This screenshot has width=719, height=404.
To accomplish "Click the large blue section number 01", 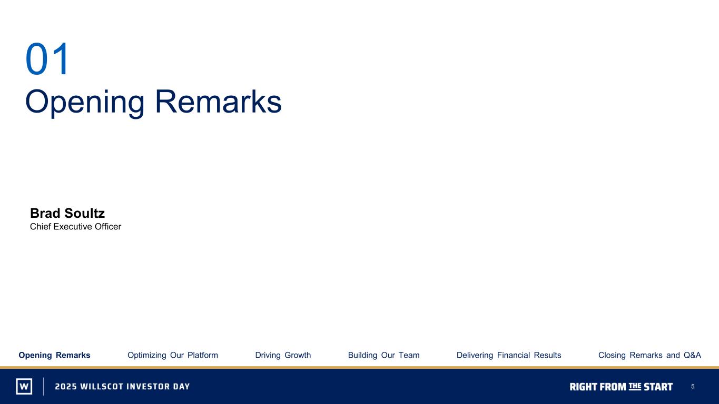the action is coord(47,59).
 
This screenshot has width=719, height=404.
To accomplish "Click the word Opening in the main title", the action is coord(85,103).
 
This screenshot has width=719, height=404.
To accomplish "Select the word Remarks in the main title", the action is coord(218,101).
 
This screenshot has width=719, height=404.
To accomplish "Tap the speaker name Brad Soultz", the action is coord(67,213).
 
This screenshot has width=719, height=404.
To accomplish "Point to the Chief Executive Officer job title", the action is coord(75,227).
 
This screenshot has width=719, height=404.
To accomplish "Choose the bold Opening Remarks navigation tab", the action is coord(55,355).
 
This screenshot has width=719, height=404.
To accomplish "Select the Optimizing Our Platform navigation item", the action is coord(173,355).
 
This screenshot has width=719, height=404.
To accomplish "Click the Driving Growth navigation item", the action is coord(283,355).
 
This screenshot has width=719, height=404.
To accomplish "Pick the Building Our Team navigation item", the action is coord(383,355).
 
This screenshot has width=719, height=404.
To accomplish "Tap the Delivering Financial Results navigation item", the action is coord(509,355).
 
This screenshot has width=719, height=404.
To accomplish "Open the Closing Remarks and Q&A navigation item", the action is coord(649,355).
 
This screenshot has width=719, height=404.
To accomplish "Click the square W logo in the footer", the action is coord(24,386).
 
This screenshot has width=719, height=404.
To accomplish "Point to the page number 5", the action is coord(693,387).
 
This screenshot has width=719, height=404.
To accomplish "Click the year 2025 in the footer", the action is coord(66,387).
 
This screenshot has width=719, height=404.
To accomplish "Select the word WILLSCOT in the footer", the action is coord(102,387).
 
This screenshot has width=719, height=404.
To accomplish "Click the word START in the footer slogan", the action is coord(658,387).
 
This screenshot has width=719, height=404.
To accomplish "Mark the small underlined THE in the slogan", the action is coord(635,386).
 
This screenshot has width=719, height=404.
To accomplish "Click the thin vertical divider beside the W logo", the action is coord(44,386).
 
